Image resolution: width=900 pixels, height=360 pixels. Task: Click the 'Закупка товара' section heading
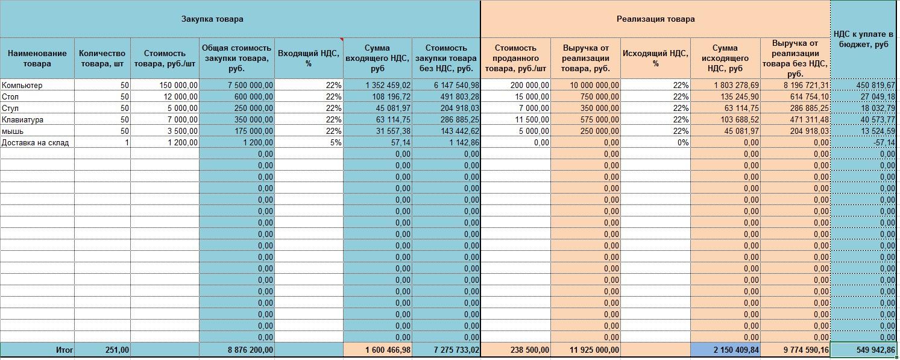(x=213, y=19)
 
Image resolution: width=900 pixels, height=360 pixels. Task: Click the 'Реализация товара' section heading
(x=655, y=19)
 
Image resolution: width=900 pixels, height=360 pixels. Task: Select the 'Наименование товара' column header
(x=37, y=58)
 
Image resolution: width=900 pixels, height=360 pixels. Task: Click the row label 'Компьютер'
(x=22, y=86)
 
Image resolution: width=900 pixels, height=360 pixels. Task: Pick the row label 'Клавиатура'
(x=22, y=120)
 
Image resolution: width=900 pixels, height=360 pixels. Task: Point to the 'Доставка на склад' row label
(x=35, y=143)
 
